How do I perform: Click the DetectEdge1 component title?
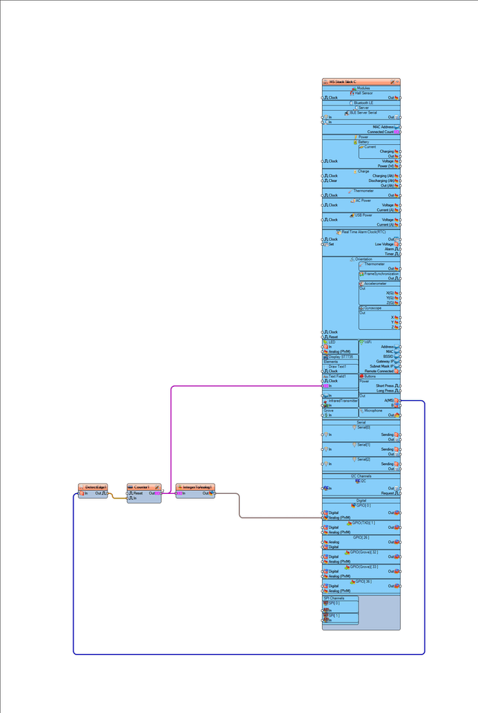[92, 486]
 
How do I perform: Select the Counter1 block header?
[142, 486]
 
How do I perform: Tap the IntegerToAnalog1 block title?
[193, 486]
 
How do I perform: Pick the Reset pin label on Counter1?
[139, 493]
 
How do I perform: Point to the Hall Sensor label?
[363, 93]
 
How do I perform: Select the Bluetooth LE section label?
[364, 102]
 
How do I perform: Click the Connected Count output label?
[380, 132]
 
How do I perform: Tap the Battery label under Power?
[364, 142]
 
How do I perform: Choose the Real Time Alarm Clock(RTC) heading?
[364, 232]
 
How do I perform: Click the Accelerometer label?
[375, 284]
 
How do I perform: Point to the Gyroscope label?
[373, 307]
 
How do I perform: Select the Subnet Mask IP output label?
[379, 366]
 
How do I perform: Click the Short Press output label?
[384, 386]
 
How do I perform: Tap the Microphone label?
[373, 410]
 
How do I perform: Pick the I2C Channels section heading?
[361, 476]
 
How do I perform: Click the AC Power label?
[362, 201]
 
